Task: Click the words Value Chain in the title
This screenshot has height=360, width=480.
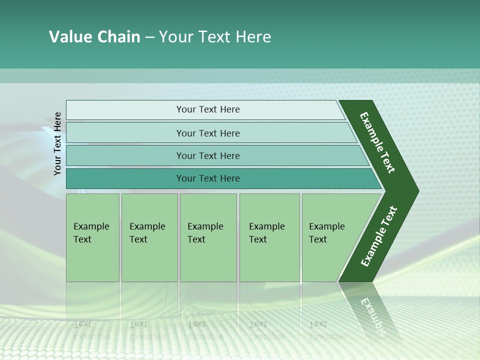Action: coord(94,37)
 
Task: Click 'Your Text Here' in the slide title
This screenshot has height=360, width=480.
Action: coord(215,37)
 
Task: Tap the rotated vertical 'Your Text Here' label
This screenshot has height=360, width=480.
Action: coord(57,143)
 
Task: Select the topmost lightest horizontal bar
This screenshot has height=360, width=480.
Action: coord(125,110)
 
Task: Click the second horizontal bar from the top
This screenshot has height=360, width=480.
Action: coord(125,133)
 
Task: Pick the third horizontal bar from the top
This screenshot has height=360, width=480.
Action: coord(125,155)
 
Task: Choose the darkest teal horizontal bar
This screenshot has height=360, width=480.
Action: coord(125,178)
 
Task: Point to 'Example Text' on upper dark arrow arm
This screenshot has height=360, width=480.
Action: coord(377,142)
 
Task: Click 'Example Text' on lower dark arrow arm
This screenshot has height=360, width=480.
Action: coord(379,236)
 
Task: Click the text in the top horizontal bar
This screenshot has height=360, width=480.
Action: coord(208,109)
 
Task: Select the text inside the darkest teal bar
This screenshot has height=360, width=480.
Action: coord(208,178)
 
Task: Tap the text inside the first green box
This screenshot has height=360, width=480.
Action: coord(91,233)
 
